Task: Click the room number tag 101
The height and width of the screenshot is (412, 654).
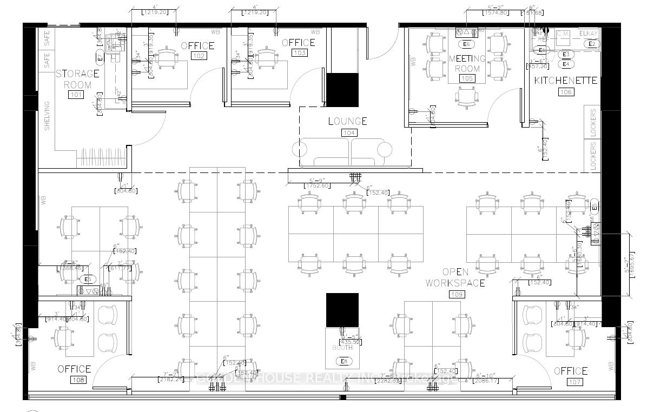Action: pyautogui.click(x=76, y=95)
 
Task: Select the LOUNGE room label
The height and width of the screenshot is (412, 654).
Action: pyautogui.click(x=347, y=121)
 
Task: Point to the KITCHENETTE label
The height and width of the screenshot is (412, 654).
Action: pyautogui.click(x=565, y=81)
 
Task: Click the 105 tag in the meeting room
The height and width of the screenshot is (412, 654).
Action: pyautogui.click(x=466, y=78)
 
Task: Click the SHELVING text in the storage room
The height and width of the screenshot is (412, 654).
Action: pyautogui.click(x=47, y=116)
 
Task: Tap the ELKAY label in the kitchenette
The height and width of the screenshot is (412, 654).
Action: pyautogui.click(x=588, y=34)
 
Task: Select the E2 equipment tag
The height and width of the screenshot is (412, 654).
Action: pyautogui.click(x=591, y=44)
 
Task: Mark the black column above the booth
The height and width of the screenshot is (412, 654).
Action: pyautogui.click(x=342, y=310)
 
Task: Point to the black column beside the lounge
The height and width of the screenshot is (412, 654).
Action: pyautogui.click(x=342, y=90)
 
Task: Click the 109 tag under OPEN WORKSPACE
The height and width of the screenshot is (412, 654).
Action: pyautogui.click(x=457, y=295)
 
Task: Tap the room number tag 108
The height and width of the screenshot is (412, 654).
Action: pyautogui.click(x=78, y=380)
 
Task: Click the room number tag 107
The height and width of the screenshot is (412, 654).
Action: pyautogui.click(x=574, y=382)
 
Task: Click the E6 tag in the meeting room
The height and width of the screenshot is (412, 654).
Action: pyautogui.click(x=466, y=44)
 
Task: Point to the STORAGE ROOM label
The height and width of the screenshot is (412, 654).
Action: pyautogui.click(x=77, y=79)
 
